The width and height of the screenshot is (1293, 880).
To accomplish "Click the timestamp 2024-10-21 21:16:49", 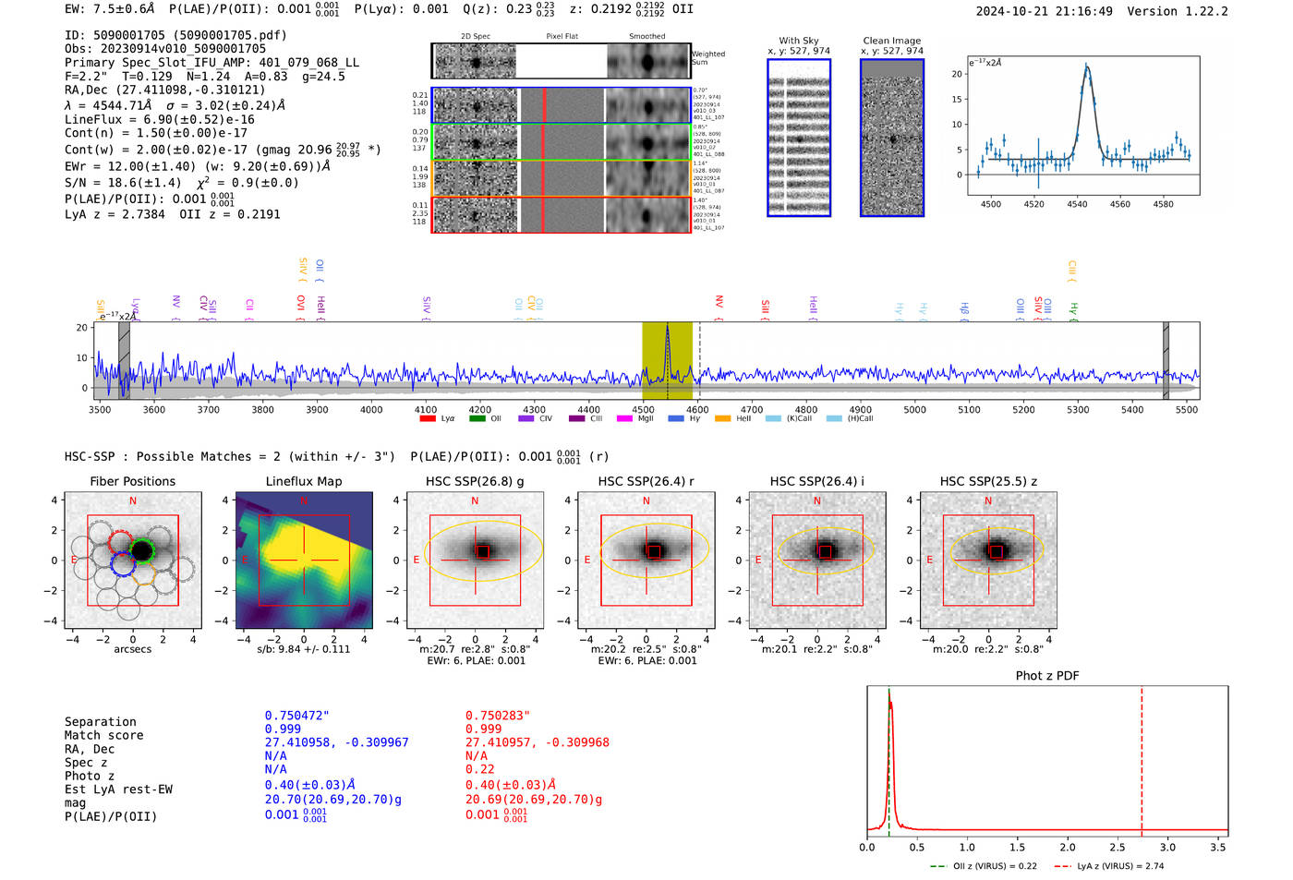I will (x=1044, y=11).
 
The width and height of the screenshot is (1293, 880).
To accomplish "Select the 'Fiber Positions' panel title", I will (x=132, y=481).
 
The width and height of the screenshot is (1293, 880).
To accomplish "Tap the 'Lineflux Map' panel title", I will (x=303, y=481).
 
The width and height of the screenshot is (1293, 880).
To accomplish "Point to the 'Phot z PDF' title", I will (x=1046, y=676).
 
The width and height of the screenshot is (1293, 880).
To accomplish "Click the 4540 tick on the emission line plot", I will (x=1077, y=204).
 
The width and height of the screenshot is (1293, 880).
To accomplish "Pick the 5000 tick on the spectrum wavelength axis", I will (x=914, y=409).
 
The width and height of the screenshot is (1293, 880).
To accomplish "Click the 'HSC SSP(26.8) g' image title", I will (x=475, y=481).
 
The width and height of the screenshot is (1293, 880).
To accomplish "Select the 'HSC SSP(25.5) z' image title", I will (x=988, y=481).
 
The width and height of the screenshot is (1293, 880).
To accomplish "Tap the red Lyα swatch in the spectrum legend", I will (x=428, y=419).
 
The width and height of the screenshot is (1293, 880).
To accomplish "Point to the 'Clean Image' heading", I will (x=891, y=41).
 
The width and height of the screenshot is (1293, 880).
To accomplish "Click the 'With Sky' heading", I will (x=798, y=41).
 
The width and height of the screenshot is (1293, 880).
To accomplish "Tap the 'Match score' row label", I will (x=103, y=736).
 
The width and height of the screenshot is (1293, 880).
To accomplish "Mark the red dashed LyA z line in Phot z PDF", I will (x=1142, y=757).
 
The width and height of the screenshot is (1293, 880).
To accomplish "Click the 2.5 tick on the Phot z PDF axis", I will (x=1118, y=847).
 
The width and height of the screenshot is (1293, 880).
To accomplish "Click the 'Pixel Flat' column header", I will (x=562, y=36).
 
